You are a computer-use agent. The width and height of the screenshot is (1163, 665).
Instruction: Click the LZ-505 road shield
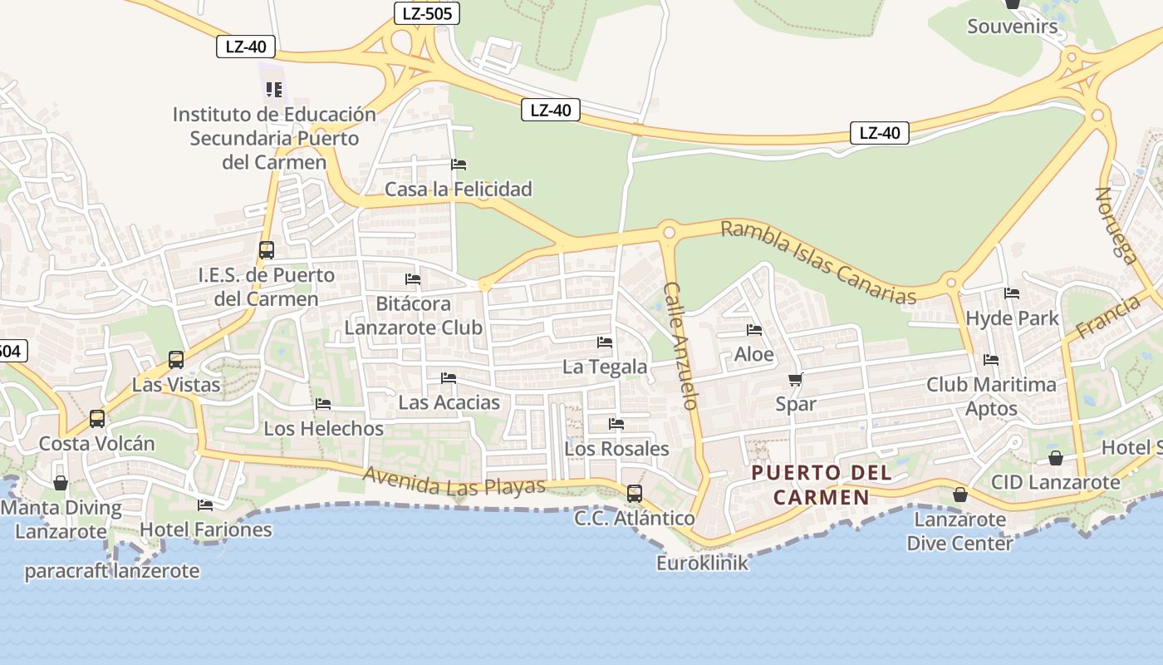pyautogui.click(x=426, y=12)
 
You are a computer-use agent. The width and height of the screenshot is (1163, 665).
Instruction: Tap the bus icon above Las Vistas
pyautogui.click(x=176, y=360)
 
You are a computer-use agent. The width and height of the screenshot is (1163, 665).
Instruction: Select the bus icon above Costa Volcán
pyautogui.click(x=97, y=418)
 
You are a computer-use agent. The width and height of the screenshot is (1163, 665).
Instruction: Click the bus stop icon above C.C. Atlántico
pyautogui.click(x=635, y=494)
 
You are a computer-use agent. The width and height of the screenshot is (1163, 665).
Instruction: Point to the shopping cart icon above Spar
pyautogui.click(x=795, y=380)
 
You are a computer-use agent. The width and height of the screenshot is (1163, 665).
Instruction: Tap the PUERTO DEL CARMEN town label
pyautogui.click(x=822, y=485)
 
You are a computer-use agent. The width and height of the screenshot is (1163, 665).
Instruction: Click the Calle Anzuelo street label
pyautogui.click(x=680, y=346)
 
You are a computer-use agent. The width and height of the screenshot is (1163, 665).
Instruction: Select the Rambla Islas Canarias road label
pyautogui.click(x=818, y=262)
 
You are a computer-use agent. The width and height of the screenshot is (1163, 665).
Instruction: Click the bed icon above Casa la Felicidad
pyautogui.click(x=459, y=165)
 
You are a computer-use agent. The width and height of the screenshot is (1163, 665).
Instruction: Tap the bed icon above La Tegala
pyautogui.click(x=605, y=342)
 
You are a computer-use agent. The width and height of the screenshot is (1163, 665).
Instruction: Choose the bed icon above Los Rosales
pyautogui.click(x=616, y=424)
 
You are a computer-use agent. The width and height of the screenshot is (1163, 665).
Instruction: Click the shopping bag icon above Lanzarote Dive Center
pyautogui.click(x=959, y=495)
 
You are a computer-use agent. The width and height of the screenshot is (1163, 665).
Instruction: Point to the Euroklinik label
pyautogui.click(x=702, y=563)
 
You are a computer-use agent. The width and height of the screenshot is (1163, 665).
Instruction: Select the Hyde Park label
pyautogui.click(x=1012, y=318)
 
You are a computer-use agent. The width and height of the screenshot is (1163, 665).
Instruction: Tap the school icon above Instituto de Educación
pyautogui.click(x=274, y=89)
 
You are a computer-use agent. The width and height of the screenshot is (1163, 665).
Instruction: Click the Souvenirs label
pyautogui.click(x=1013, y=27)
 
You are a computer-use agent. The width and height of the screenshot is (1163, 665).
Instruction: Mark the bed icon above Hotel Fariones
pyautogui.click(x=205, y=505)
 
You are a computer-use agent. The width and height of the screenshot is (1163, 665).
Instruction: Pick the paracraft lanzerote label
pyautogui.click(x=112, y=571)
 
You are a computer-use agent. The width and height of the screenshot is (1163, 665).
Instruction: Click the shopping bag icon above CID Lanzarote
pyautogui.click(x=1055, y=458)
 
